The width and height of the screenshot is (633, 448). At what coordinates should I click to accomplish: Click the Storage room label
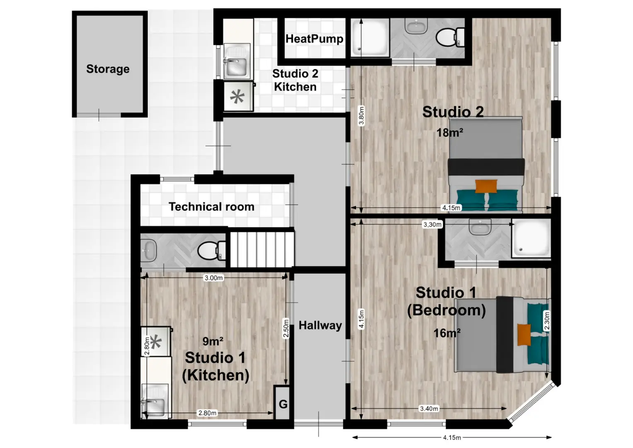coord(108,69)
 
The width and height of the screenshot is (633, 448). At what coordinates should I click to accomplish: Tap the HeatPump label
coord(314,39)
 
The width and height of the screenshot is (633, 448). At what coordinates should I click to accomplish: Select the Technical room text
coord(211,207)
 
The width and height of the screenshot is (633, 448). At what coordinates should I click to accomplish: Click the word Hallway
coord(320,326)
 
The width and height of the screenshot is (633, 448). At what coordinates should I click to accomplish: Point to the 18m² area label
coord(450,132)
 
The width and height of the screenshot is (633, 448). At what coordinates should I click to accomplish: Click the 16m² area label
coord(447,333)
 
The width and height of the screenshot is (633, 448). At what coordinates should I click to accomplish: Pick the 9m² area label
coord(213,341)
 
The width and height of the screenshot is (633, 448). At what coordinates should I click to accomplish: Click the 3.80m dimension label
coord(361,115)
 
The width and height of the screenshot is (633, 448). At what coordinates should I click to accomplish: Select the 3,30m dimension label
coord(432,224)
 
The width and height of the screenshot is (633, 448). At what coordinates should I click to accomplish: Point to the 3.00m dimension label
coord(213,278)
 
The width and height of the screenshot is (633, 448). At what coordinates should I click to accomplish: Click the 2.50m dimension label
coord(286,328)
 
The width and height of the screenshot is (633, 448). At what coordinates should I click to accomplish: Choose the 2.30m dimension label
coord(547,321)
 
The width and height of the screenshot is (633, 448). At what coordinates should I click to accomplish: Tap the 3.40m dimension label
coord(429,409)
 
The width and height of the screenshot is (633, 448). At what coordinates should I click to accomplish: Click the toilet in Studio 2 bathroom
coord(450,37)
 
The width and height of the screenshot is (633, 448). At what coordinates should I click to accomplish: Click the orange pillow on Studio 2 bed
coord(486,186)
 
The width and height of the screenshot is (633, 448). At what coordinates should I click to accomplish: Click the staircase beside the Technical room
coord(262,249)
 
